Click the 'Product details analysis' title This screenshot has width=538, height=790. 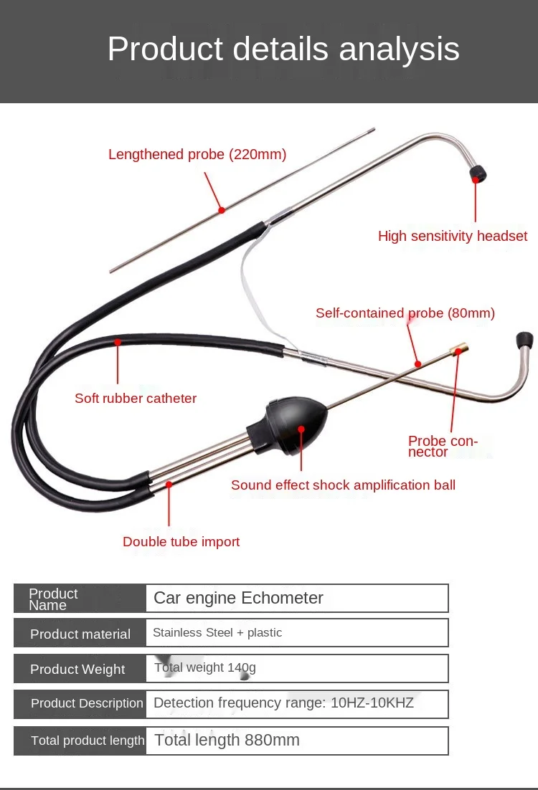click(283, 49)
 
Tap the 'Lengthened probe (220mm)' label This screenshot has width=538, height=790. click(197, 154)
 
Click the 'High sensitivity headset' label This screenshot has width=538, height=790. click(453, 236)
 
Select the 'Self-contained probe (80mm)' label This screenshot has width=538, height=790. click(405, 313)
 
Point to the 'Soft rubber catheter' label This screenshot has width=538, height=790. click(136, 398)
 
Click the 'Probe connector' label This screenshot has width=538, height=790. click(443, 446)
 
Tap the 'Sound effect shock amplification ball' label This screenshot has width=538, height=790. click(343, 485)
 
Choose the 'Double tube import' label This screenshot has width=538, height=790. click(181, 541)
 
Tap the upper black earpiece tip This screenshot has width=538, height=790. click(477, 174)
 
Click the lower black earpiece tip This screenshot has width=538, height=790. click(524, 340)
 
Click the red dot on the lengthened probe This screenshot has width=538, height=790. click(222, 210)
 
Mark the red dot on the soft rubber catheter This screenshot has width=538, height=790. click(118, 343)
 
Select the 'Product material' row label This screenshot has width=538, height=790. click(80, 634)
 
